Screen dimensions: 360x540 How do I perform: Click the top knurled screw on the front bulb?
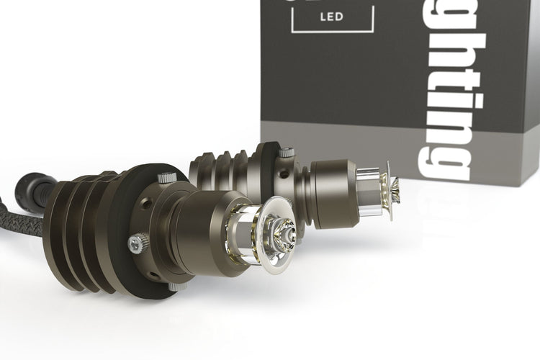tap(167, 176)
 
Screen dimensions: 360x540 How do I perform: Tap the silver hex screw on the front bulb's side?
tap(136, 244)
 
